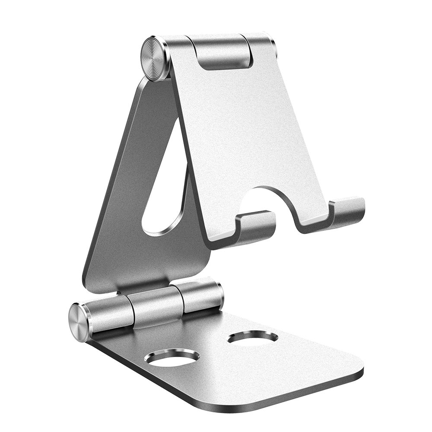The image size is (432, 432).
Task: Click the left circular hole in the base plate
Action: tap(172, 358)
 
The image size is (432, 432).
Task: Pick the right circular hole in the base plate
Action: tap(253, 337)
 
